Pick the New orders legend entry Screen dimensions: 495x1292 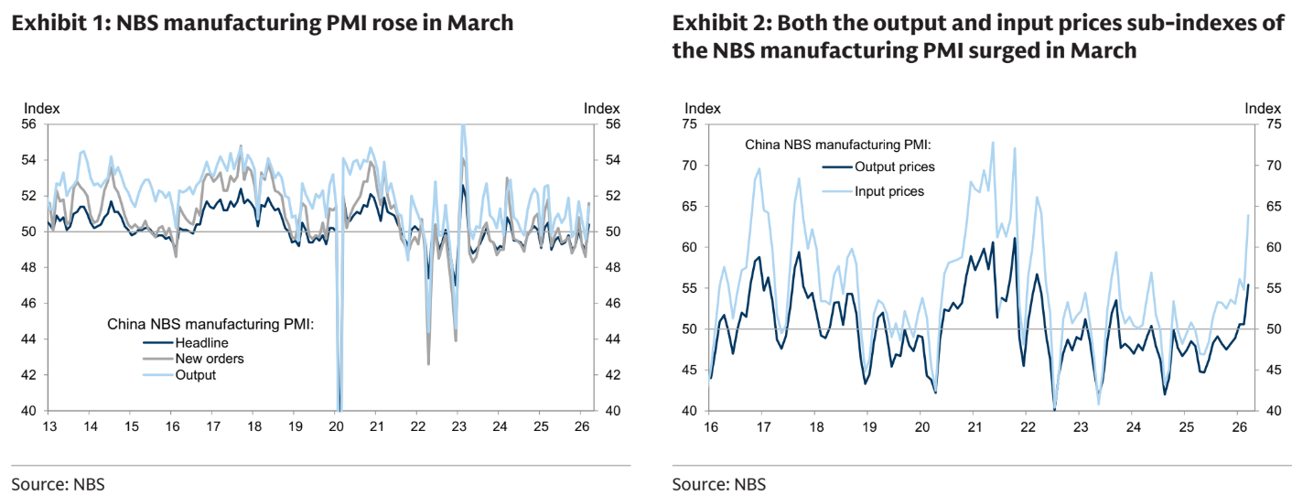[209, 359]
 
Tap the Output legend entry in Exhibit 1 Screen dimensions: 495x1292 [195, 375]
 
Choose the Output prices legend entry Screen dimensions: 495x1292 [894, 167]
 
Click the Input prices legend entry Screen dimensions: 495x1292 [889, 191]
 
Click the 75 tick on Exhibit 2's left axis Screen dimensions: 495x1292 [691, 125]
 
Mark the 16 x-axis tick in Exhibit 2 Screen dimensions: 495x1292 [709, 426]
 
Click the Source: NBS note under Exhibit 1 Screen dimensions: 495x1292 [58, 483]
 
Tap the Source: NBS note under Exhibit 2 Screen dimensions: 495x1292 [719, 483]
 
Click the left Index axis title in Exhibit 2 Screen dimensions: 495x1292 [702, 108]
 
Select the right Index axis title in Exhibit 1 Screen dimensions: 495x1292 [601, 108]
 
